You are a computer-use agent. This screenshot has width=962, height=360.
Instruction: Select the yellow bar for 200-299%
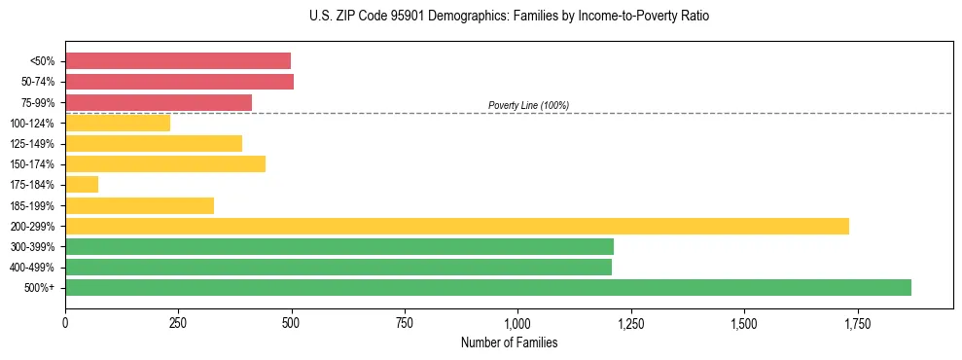(457, 226)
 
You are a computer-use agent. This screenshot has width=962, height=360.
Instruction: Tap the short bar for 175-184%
(82, 185)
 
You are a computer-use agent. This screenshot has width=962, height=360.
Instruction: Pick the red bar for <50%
(178, 61)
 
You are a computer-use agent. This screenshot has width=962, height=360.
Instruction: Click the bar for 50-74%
(180, 82)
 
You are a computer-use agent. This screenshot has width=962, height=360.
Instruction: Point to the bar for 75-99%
(159, 102)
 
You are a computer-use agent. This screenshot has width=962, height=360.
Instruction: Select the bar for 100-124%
(118, 123)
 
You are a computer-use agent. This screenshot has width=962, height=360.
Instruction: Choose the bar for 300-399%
(339, 246)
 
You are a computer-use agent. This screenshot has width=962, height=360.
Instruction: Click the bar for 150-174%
(165, 164)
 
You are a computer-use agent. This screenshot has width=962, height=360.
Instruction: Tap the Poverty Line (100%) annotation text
(528, 105)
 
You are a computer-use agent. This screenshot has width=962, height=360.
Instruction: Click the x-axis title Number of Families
(509, 343)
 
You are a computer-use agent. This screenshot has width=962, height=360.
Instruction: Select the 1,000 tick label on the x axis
(517, 323)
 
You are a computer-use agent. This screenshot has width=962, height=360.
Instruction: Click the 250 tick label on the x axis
(178, 323)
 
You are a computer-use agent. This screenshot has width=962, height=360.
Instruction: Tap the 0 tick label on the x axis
(65, 323)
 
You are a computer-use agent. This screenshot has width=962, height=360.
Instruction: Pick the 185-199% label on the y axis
(32, 205)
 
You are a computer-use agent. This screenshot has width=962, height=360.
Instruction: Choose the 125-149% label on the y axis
(32, 144)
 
